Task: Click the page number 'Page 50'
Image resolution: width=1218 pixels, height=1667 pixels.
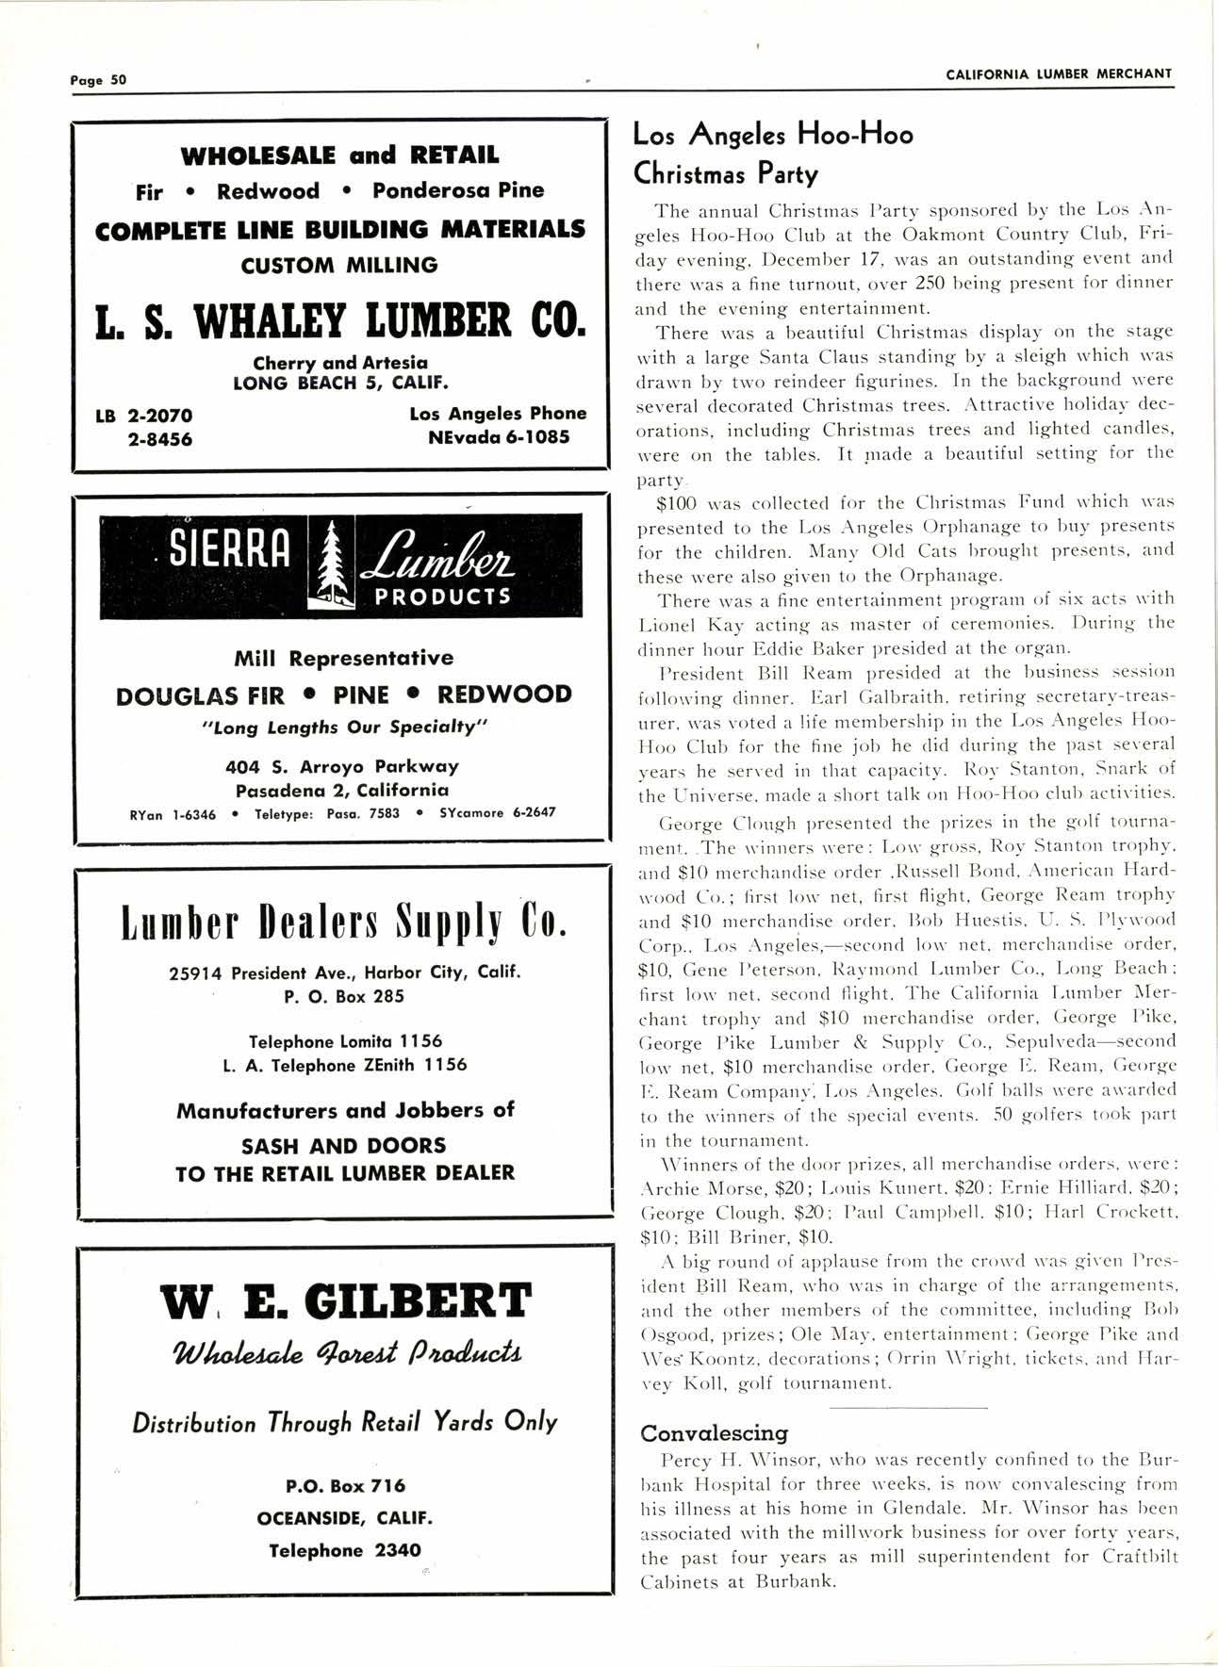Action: tap(98, 79)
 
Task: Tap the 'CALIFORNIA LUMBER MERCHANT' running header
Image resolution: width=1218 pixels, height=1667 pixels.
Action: tap(1059, 74)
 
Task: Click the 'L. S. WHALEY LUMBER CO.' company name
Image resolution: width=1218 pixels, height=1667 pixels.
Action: tap(340, 321)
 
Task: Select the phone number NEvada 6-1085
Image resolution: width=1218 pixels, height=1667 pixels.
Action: tap(499, 437)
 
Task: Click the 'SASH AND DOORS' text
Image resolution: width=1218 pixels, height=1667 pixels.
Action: tap(343, 1146)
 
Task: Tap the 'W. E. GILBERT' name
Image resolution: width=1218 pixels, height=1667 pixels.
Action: tap(345, 1301)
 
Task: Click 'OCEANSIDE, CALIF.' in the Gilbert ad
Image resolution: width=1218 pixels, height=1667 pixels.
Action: tap(344, 1518)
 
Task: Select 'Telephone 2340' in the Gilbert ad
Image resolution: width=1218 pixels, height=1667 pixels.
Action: tap(344, 1550)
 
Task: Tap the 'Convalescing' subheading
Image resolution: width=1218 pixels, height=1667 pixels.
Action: tap(714, 1433)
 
